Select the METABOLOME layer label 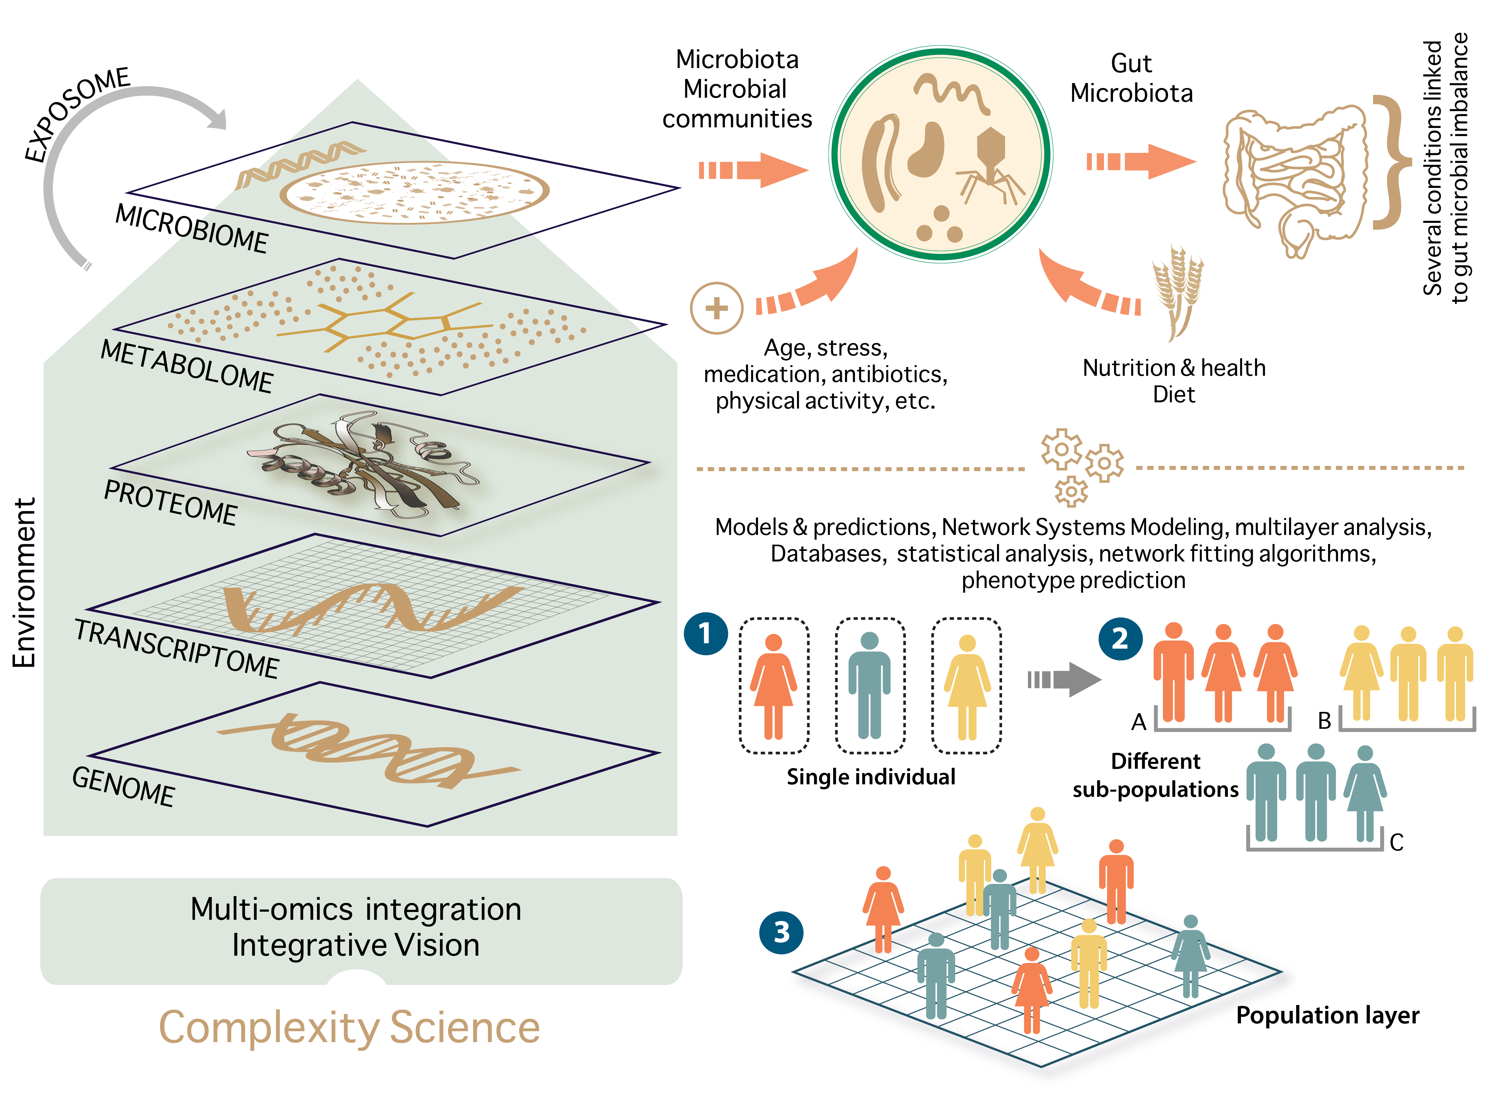point(186,366)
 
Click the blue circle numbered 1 point(705,633)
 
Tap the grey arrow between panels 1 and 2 point(1063,679)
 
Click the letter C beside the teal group point(1396,842)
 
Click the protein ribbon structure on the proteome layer point(362,465)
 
